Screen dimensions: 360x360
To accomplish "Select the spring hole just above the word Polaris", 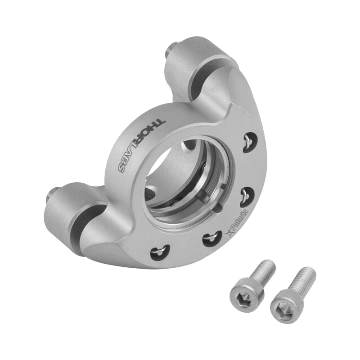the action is (246, 195).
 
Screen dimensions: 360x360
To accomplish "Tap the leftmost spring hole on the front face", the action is (160, 252).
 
